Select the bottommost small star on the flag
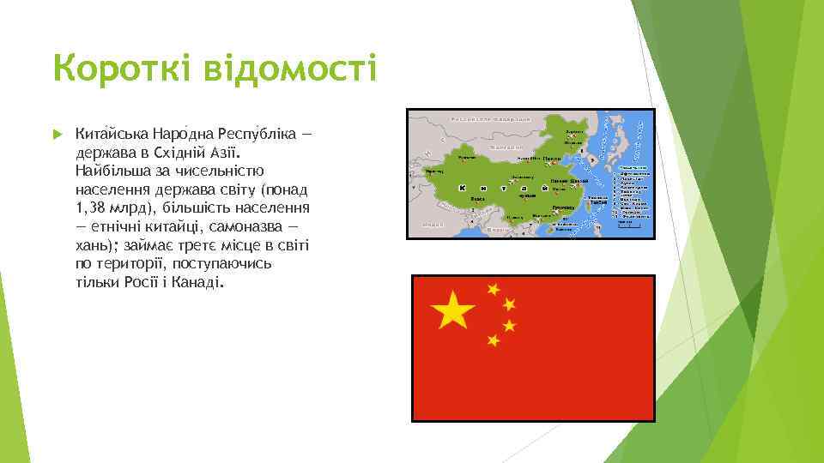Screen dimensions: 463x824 [493, 340]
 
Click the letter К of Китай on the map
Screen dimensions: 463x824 [463, 188]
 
